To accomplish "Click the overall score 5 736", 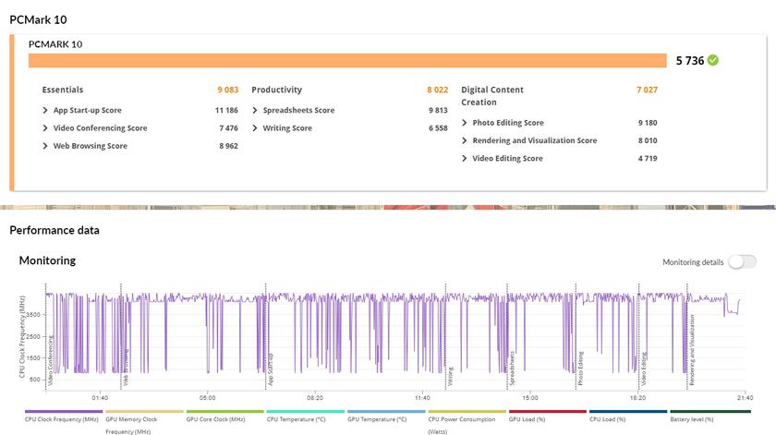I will (x=689, y=61).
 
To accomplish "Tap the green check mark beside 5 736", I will (x=713, y=61).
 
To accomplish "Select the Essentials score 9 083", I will (x=227, y=90).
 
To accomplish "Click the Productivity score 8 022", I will (x=437, y=90).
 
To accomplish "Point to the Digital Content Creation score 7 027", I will (x=646, y=90).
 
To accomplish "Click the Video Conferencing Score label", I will (x=100, y=128).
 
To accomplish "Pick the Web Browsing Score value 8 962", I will (x=227, y=146).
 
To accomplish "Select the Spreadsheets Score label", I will (x=298, y=110).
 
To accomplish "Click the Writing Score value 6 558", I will (x=438, y=128).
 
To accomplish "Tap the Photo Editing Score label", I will (x=508, y=123).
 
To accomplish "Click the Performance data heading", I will (x=55, y=230).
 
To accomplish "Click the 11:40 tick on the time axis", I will (x=422, y=398).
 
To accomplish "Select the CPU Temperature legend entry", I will (x=296, y=419).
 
